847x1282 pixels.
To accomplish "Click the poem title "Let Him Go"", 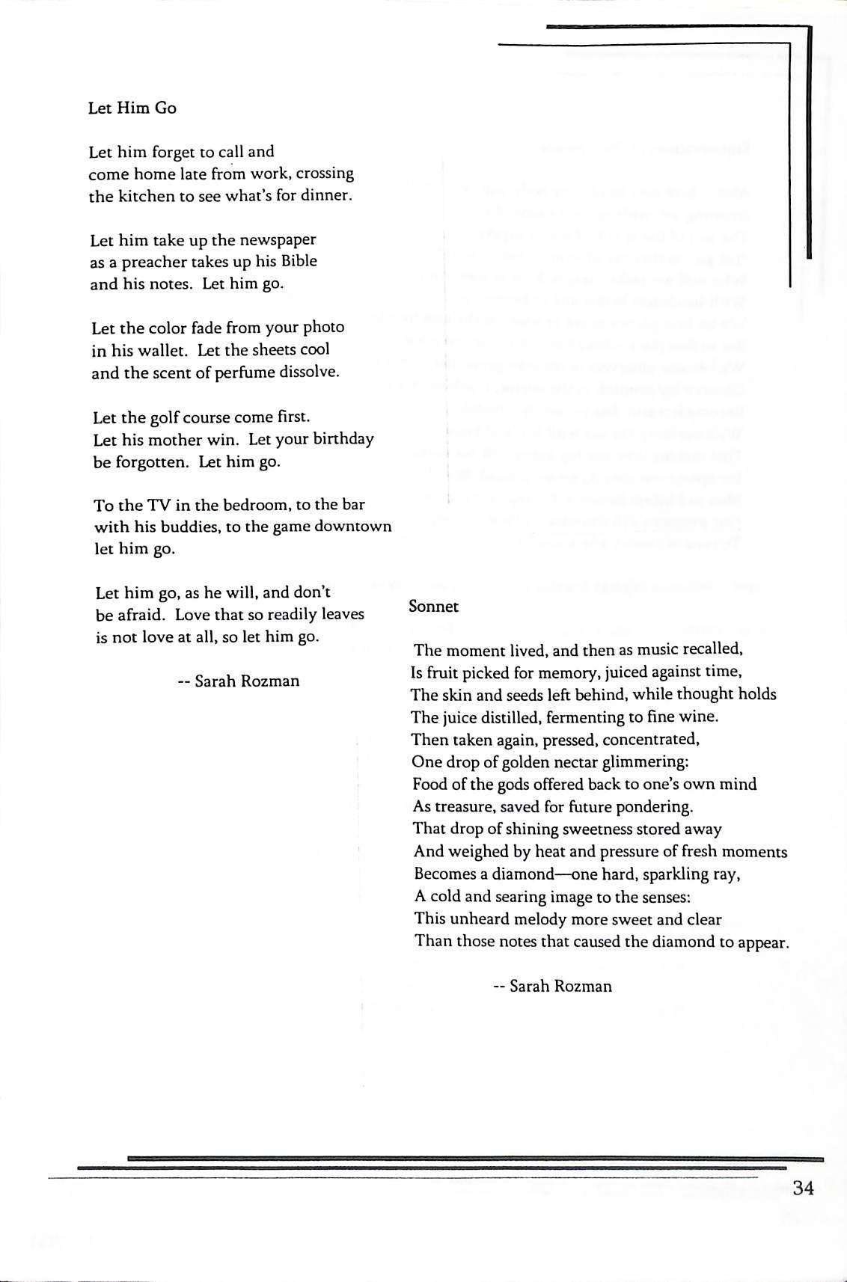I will tap(132, 108).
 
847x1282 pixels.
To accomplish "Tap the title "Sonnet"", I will tap(433, 607).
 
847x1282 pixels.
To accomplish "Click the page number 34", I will tap(803, 1188).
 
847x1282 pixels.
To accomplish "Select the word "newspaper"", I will tap(278, 240).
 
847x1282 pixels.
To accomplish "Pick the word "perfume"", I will tap(254, 372).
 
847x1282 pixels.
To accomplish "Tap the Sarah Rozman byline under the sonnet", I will tap(553, 987).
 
